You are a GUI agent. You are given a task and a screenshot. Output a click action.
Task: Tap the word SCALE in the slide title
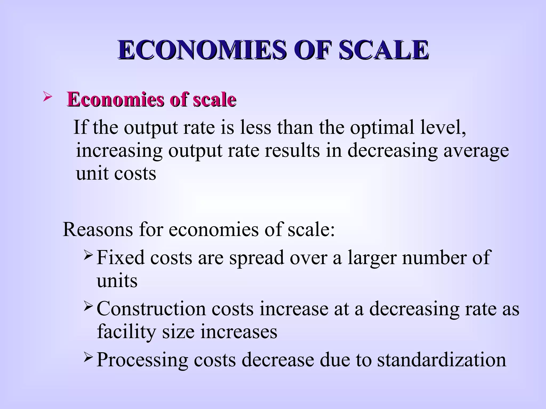pyautogui.click(x=384, y=50)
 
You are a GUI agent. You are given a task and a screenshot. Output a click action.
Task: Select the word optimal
pyautogui.click(x=382, y=127)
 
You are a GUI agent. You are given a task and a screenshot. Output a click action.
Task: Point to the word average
pyautogui.click(x=476, y=151)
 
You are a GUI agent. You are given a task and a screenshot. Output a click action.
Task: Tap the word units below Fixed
pyautogui.click(x=117, y=281)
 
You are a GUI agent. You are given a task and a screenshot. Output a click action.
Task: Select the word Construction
pyautogui.click(x=151, y=309)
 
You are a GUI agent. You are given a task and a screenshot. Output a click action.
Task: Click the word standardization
pyautogui.click(x=441, y=360)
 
